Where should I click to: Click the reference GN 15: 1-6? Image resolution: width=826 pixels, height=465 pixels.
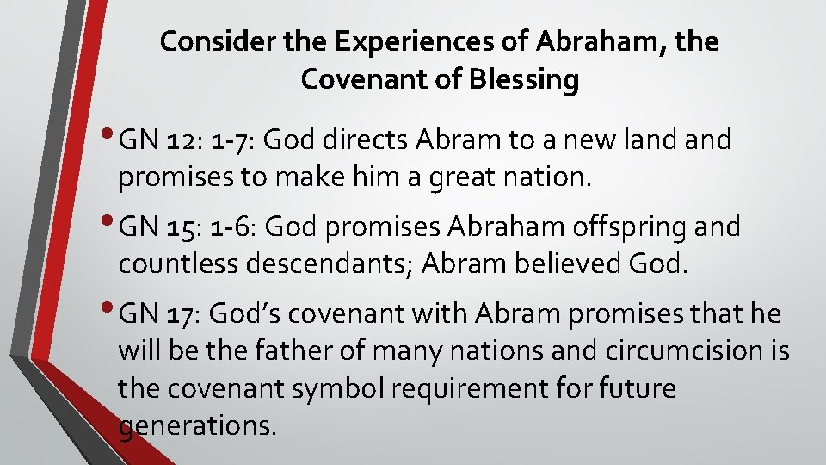tap(189, 227)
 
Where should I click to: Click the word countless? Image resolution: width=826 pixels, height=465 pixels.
tap(176, 265)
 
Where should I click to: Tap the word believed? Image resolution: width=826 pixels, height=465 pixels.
tap(566, 265)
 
